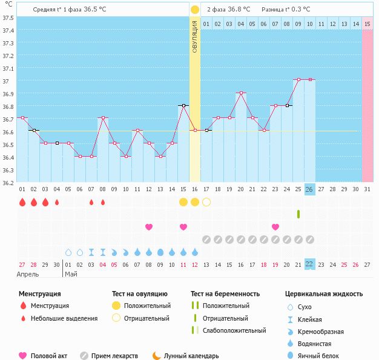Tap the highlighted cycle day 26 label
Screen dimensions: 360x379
click(309, 189)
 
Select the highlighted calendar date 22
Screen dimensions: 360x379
click(309, 264)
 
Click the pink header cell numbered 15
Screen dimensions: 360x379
click(367, 24)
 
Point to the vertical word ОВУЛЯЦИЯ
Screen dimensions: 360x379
click(194, 36)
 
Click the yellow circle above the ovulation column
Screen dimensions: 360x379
click(194, 10)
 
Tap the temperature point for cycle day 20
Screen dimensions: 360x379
click(241, 93)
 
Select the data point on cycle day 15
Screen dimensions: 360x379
click(183, 105)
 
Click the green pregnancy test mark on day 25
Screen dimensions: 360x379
click(298, 214)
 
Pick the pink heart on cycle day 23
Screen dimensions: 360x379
click(275, 227)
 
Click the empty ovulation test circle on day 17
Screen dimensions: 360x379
click(206, 201)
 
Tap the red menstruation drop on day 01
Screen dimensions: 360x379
click(22, 202)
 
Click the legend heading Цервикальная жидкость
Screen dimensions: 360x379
click(324, 294)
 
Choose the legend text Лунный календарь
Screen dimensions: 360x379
click(191, 356)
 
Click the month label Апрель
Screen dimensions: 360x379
click(28, 273)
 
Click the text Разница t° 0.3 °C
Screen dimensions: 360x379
click(286, 10)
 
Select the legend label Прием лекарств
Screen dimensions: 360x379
click(114, 356)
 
